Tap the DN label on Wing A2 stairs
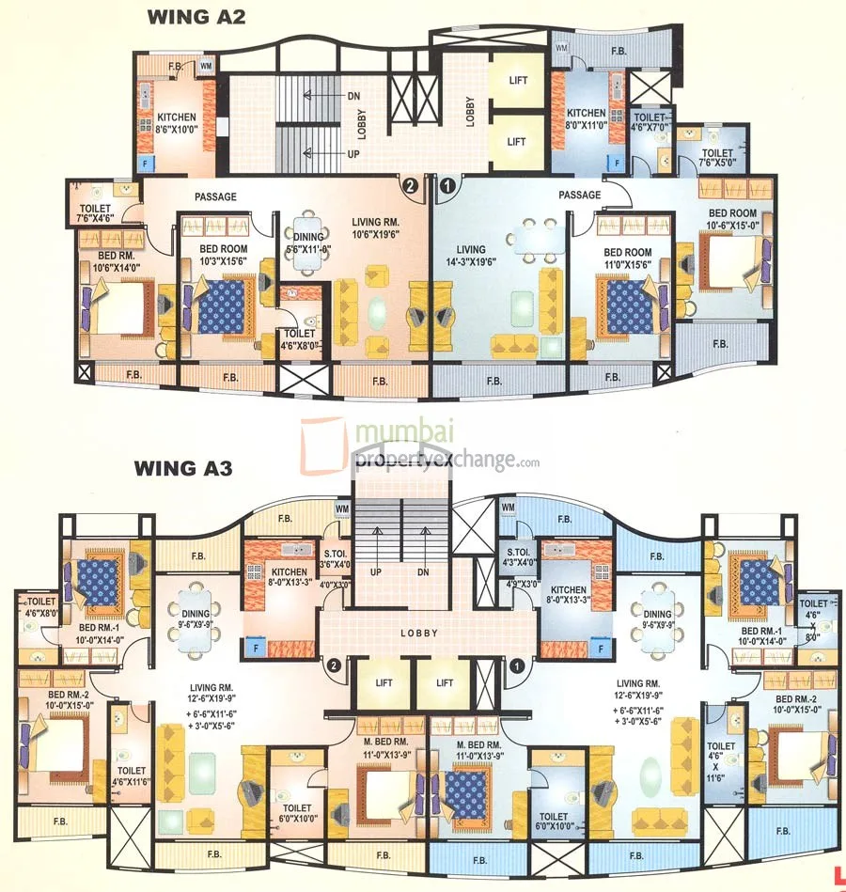353,96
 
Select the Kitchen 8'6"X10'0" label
176,123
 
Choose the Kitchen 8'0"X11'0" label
586,117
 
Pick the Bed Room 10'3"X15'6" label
222,256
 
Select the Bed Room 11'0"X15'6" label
627,258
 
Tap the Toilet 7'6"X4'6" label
95,213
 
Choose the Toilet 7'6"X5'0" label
717,157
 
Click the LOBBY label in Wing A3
419,633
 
